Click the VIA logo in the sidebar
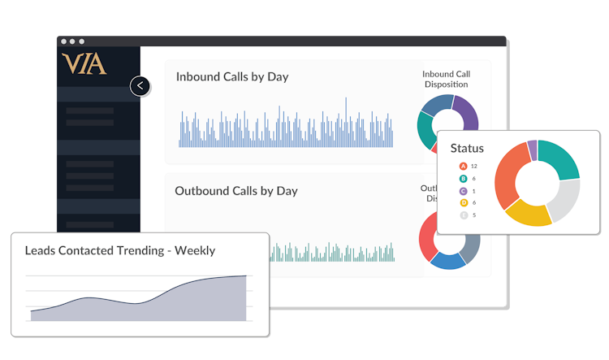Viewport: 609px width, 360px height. (x=84, y=64)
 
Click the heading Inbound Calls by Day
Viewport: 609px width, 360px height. (x=231, y=77)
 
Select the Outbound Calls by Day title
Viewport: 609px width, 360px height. (x=235, y=191)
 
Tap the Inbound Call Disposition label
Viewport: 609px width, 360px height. (x=446, y=79)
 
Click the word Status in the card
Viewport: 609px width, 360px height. (x=467, y=148)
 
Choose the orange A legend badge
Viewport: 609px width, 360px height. (x=463, y=166)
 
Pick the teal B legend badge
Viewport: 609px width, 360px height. (x=463, y=178)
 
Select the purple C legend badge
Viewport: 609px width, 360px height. (x=463, y=190)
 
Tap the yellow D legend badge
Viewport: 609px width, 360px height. (x=463, y=202)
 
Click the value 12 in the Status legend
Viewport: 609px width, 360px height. (x=473, y=166)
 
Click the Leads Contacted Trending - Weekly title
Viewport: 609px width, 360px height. (x=119, y=250)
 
